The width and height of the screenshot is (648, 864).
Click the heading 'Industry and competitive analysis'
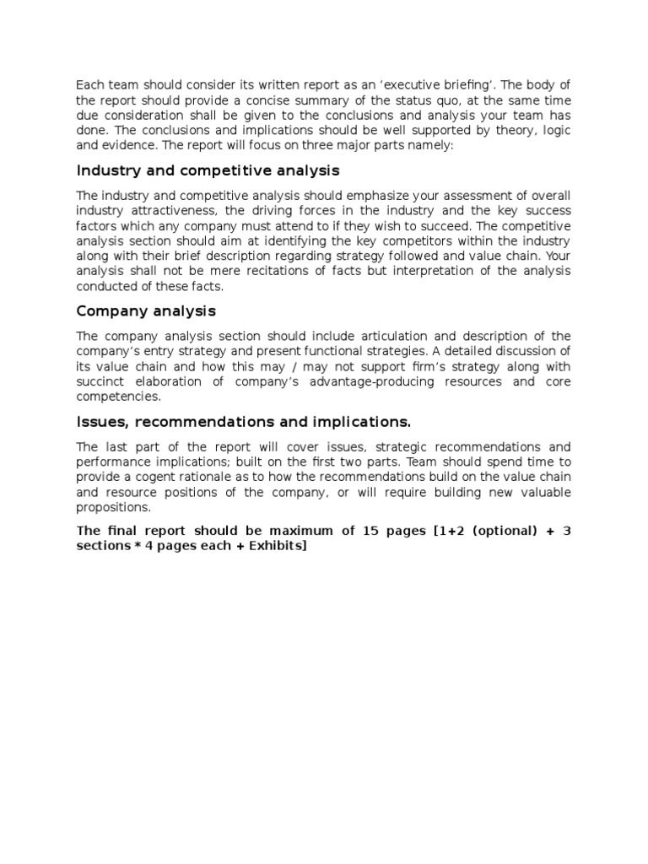(208, 171)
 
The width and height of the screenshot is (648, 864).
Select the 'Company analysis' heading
(146, 311)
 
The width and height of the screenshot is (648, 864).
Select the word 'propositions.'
(114, 507)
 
